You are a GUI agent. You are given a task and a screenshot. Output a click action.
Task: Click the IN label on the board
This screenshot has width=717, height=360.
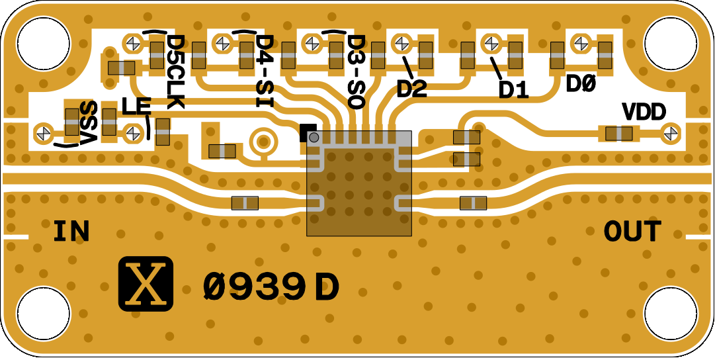pyautogui.click(x=71, y=232)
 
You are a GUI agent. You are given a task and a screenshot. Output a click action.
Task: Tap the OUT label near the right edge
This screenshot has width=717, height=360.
pyautogui.click(x=632, y=232)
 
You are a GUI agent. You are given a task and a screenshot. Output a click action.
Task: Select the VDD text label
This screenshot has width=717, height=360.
pyautogui.click(x=644, y=112)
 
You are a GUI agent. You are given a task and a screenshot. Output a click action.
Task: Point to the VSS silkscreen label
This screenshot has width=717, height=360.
pyautogui.click(x=88, y=123)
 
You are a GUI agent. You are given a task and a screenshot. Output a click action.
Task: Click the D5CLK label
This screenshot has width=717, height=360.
pyautogui.click(x=176, y=72)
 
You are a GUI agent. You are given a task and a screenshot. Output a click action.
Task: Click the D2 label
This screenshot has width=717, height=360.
pyautogui.click(x=412, y=88)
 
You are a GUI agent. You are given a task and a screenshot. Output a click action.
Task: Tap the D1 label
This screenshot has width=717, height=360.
pyautogui.click(x=514, y=89)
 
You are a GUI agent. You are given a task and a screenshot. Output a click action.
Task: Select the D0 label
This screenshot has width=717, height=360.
pyautogui.click(x=582, y=85)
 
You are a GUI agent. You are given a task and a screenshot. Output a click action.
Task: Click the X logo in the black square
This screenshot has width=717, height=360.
pyautogui.click(x=146, y=285)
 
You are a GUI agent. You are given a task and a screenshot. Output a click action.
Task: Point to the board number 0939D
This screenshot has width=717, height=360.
pyautogui.click(x=271, y=287)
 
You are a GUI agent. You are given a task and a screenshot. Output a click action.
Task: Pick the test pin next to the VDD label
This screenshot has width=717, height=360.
pyautogui.click(x=671, y=132)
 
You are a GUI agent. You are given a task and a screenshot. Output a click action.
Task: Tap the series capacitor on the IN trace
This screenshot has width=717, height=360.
pyautogui.click(x=245, y=203)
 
